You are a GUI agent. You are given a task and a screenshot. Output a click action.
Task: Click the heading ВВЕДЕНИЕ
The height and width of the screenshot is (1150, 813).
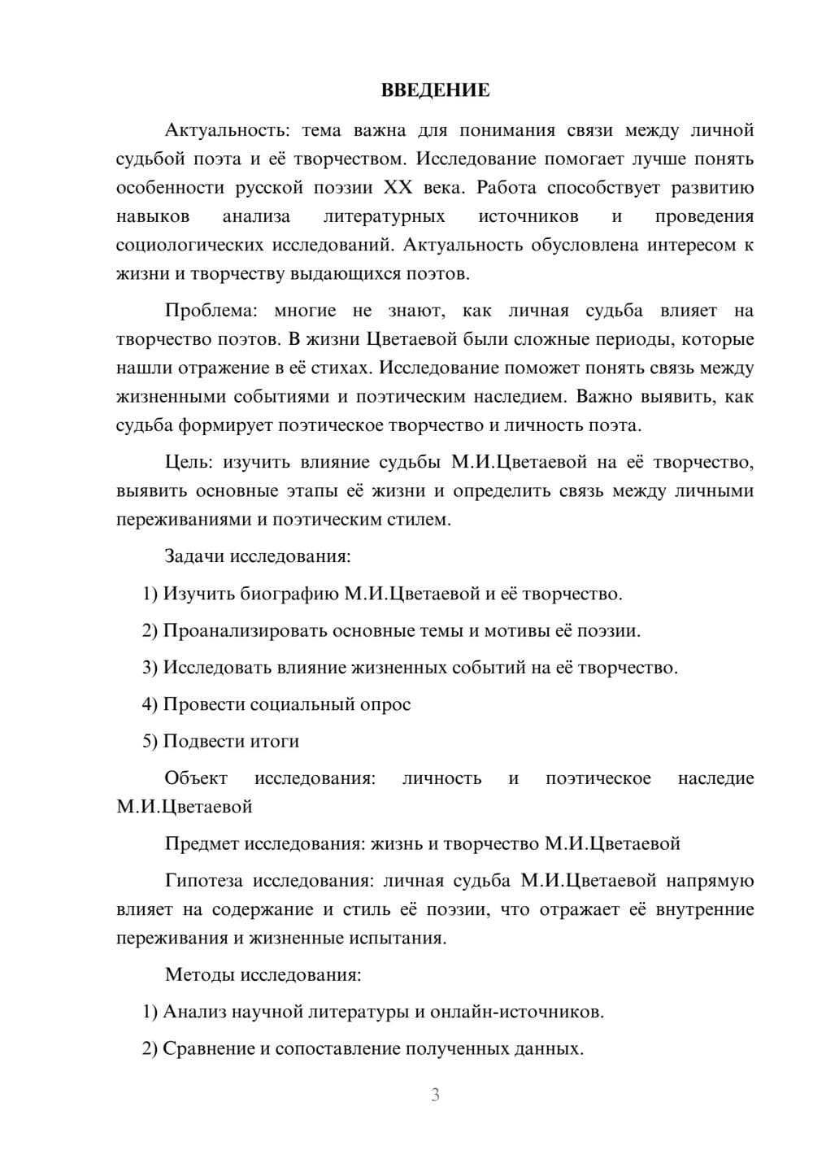(x=435, y=90)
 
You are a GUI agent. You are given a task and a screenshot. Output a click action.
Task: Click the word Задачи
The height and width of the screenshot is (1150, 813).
(x=194, y=557)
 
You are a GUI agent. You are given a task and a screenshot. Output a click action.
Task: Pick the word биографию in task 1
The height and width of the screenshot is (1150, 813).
(x=289, y=594)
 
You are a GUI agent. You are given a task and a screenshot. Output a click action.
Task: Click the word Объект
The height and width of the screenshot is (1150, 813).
(x=196, y=778)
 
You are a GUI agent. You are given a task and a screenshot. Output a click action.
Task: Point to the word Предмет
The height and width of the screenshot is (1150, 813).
(x=202, y=843)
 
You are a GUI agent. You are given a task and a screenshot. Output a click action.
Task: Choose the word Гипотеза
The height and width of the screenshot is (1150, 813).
(x=204, y=881)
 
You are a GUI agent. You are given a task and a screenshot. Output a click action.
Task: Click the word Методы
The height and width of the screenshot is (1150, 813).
(x=193, y=975)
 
